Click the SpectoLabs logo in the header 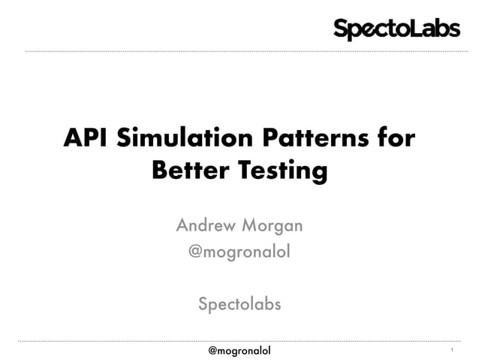(396, 29)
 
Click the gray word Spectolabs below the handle (239, 304)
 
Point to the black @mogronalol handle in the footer (239, 350)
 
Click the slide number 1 (452, 351)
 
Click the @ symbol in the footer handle (213, 350)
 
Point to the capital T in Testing (246, 171)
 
